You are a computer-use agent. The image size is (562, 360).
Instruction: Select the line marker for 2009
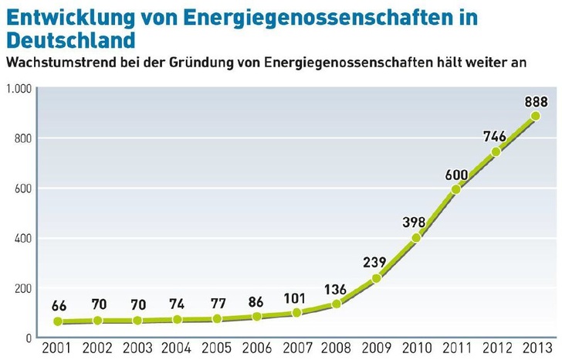click(x=376, y=278)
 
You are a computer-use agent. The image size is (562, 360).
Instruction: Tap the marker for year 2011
click(x=455, y=188)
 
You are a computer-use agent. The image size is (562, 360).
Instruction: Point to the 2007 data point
click(x=296, y=313)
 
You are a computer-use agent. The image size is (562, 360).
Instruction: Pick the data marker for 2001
click(x=57, y=321)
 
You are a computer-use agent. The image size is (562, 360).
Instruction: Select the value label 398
click(x=414, y=222)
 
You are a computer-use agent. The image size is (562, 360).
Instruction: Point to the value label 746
click(x=494, y=136)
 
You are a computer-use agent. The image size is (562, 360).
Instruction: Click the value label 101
click(x=295, y=297)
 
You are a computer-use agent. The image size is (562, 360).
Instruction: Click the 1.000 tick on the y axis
click(x=17, y=89)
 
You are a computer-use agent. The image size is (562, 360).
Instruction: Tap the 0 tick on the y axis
click(x=27, y=338)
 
